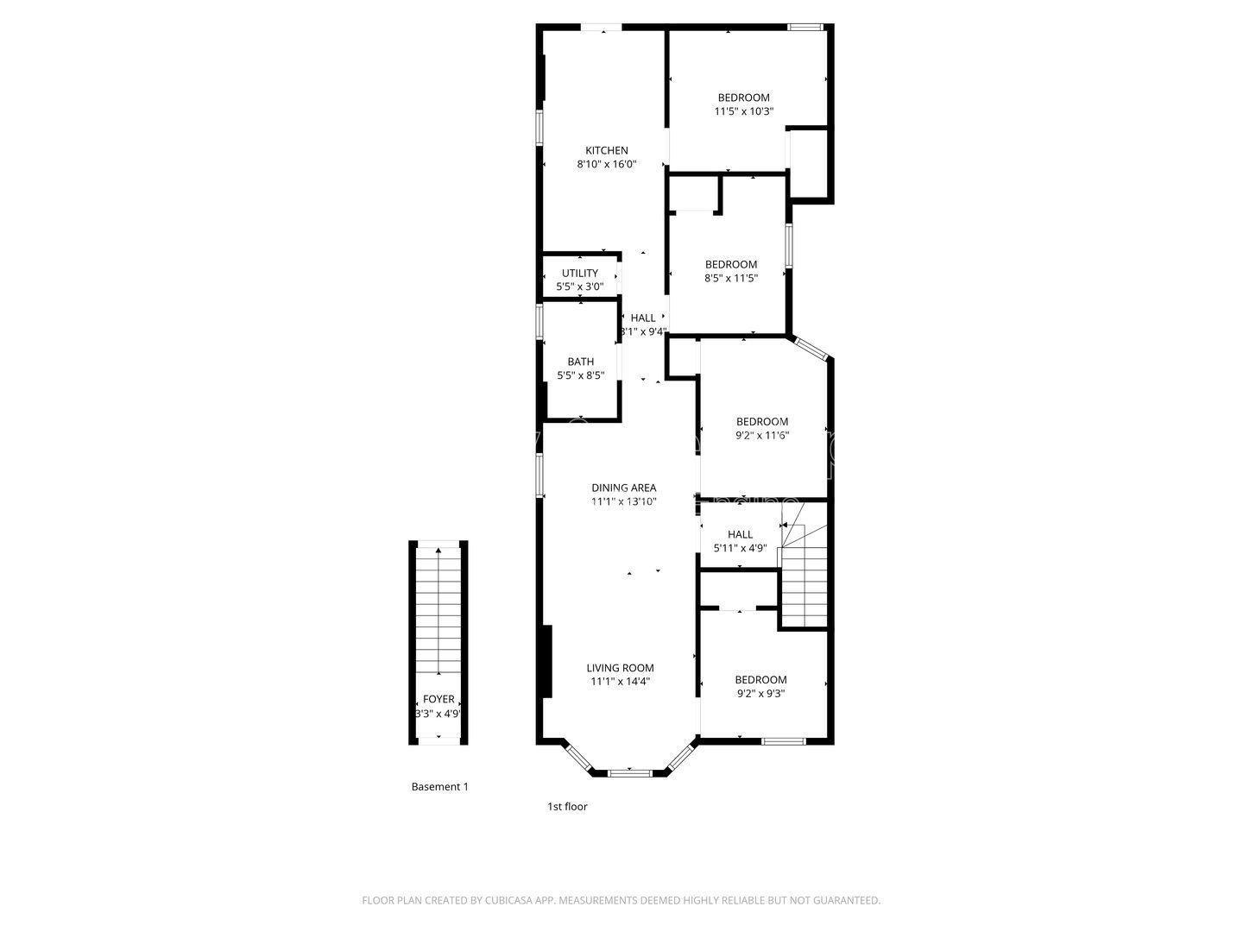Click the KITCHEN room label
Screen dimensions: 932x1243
coord(607,150)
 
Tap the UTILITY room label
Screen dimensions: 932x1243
coord(579,274)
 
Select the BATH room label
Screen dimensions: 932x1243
coord(580,362)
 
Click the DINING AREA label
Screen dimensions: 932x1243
coord(623,488)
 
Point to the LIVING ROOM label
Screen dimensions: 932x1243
coord(620,667)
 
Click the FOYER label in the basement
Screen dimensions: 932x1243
coord(439,700)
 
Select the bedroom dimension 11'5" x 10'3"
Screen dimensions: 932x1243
coord(743,111)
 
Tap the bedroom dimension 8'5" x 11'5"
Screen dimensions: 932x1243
coord(731,278)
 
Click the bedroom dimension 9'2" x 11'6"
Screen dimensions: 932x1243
coord(761,436)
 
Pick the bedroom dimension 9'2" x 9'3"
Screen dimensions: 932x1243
coord(760,693)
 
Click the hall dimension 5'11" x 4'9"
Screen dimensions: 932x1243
coord(740,548)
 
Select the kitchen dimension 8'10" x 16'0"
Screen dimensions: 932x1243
coord(607,164)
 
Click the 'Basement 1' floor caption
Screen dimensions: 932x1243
coord(439,787)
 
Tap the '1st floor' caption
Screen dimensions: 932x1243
coord(567,807)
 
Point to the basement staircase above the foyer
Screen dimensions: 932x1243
coord(439,613)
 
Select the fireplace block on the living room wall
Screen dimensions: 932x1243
coord(546,661)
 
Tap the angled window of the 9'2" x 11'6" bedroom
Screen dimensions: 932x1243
coord(811,348)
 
